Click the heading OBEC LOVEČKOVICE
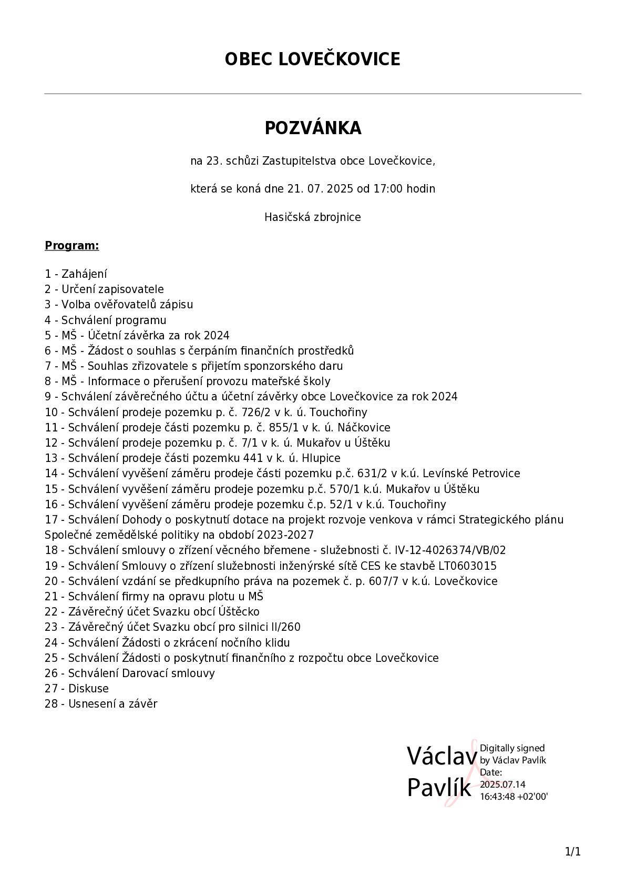[x=312, y=59]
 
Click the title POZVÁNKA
[x=313, y=128]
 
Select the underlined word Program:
[x=72, y=246]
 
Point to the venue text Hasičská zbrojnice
[x=313, y=217]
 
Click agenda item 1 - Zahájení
[x=76, y=274]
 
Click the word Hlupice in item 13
[x=321, y=458]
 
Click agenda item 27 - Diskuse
[x=77, y=689]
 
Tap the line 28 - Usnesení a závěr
[x=101, y=704]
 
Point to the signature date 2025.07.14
[x=502, y=784]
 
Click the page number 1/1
[x=572, y=851]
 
